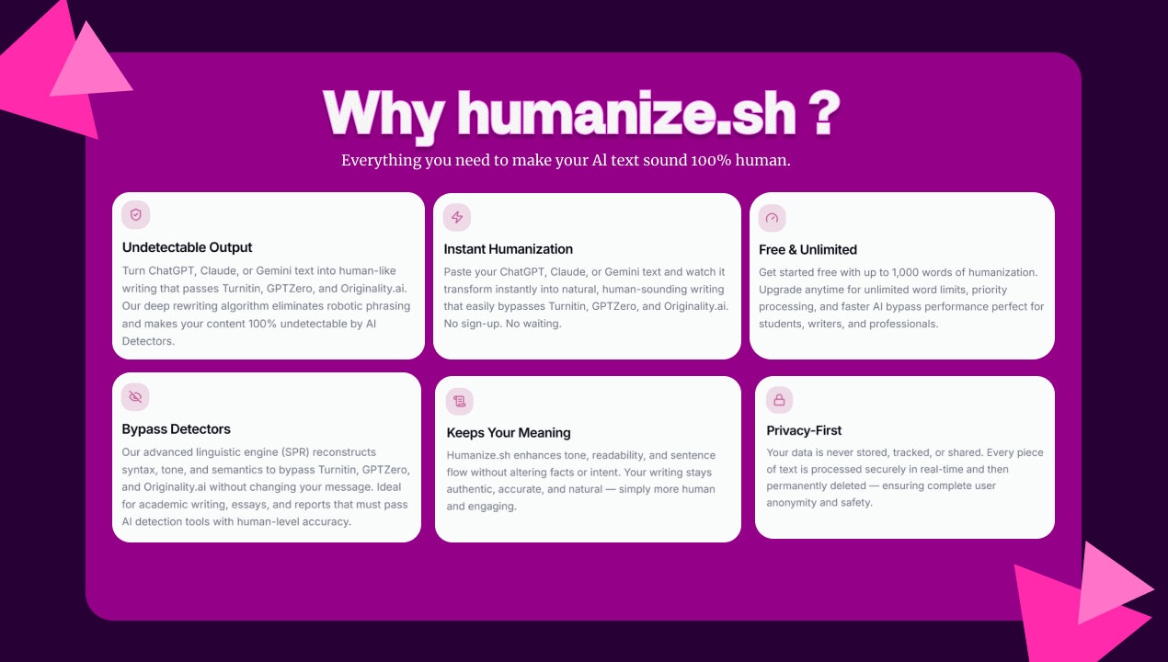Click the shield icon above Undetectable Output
click(x=136, y=215)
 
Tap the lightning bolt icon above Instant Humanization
click(x=457, y=217)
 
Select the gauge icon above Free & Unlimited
click(x=773, y=218)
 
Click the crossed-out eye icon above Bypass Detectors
click(x=135, y=396)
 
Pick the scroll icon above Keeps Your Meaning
click(x=460, y=401)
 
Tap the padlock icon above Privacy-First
click(x=779, y=399)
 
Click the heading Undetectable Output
click(x=187, y=247)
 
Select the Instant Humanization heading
click(x=508, y=249)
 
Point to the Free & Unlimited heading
click(x=807, y=250)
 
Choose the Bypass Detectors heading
click(x=176, y=429)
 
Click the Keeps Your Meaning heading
click(x=509, y=433)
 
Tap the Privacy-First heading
click(x=804, y=430)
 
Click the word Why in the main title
click(x=384, y=114)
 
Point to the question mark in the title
click(x=824, y=114)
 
